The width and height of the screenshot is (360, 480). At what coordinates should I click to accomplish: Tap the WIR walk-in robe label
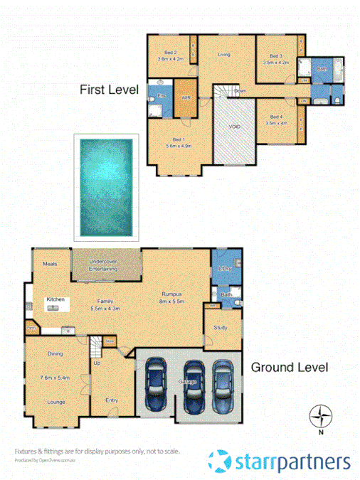tap(185, 97)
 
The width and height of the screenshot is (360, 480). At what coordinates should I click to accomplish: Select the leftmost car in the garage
tap(156, 385)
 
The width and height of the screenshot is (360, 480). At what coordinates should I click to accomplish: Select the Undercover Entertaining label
tap(105, 265)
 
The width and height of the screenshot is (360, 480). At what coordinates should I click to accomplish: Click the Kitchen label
tap(56, 299)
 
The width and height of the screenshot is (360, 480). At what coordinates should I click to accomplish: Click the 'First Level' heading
tap(108, 90)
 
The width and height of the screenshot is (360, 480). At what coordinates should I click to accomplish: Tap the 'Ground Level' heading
tap(289, 368)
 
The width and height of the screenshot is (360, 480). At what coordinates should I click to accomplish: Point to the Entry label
tap(112, 400)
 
